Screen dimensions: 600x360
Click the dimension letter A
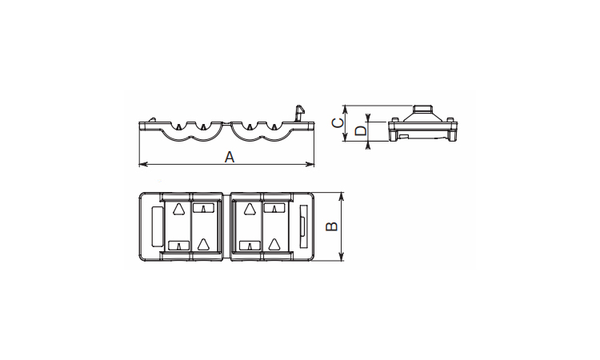pyautogui.click(x=230, y=157)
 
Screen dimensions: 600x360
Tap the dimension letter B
pyautogui.click(x=331, y=226)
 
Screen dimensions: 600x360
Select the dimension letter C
pyautogui.click(x=337, y=123)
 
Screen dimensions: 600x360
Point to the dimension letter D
pyautogui.click(x=361, y=131)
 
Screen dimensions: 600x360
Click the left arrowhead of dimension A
pyautogui.click(x=143, y=165)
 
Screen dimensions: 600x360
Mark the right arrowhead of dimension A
pyautogui.click(x=310, y=165)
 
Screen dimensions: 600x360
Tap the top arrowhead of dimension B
pyautogui.click(x=342, y=197)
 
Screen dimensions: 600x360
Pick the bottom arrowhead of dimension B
pyautogui.click(x=342, y=257)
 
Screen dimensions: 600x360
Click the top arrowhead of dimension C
pyautogui.click(x=345, y=110)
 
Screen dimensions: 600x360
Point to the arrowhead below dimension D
pyautogui.click(x=368, y=145)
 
